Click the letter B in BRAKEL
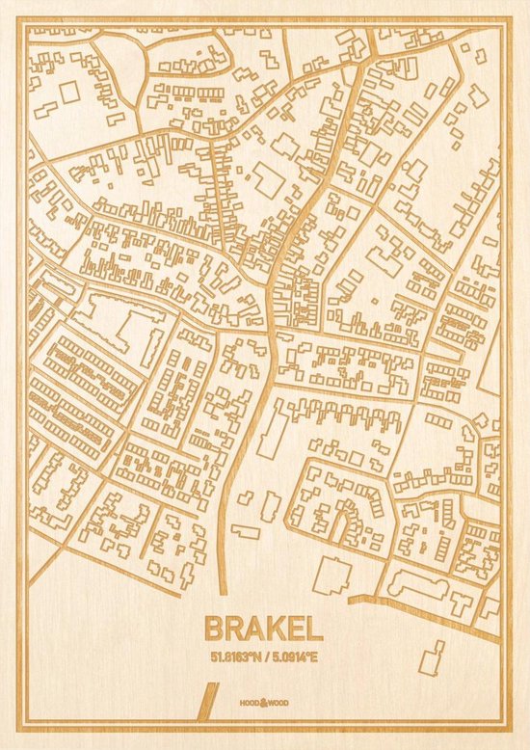pyautogui.click(x=214, y=629)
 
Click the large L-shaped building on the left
pyautogui.click(x=120, y=323)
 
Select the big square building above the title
pyautogui.click(x=331, y=576)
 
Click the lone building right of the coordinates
pyautogui.click(x=435, y=655)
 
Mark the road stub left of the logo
pyautogui.click(x=204, y=700)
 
